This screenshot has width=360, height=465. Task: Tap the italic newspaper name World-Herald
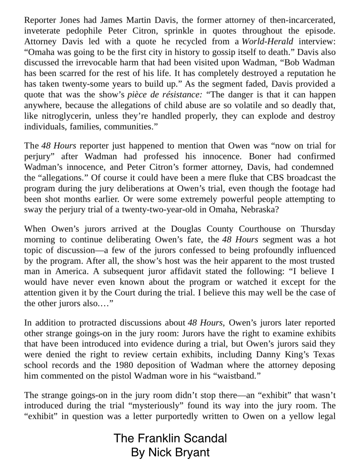[267, 41]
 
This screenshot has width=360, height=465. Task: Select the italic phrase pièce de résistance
[164, 95]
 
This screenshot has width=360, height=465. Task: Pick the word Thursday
[318, 229]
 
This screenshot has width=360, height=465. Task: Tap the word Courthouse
[258, 229]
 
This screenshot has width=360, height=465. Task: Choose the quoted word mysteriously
[162, 406]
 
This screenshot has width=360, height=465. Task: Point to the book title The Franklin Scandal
[170, 438]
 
